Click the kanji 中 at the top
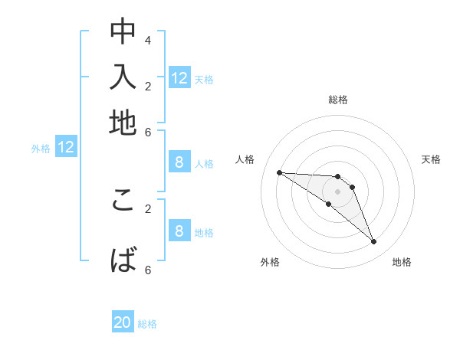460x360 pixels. click(123, 32)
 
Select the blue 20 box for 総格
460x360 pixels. click(123, 322)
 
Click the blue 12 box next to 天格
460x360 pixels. click(179, 78)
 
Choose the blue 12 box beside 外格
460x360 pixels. click(66, 148)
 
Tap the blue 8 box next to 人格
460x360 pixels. click(179, 162)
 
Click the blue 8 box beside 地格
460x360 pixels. click(179, 231)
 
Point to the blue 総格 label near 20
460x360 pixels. click(147, 324)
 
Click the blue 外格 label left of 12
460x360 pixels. click(41, 149)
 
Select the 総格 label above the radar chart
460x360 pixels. click(337, 100)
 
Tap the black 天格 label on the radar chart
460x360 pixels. click(431, 159)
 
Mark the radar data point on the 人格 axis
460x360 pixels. click(279, 172)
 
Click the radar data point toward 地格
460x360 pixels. click(373, 242)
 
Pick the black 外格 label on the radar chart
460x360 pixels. click(270, 262)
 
